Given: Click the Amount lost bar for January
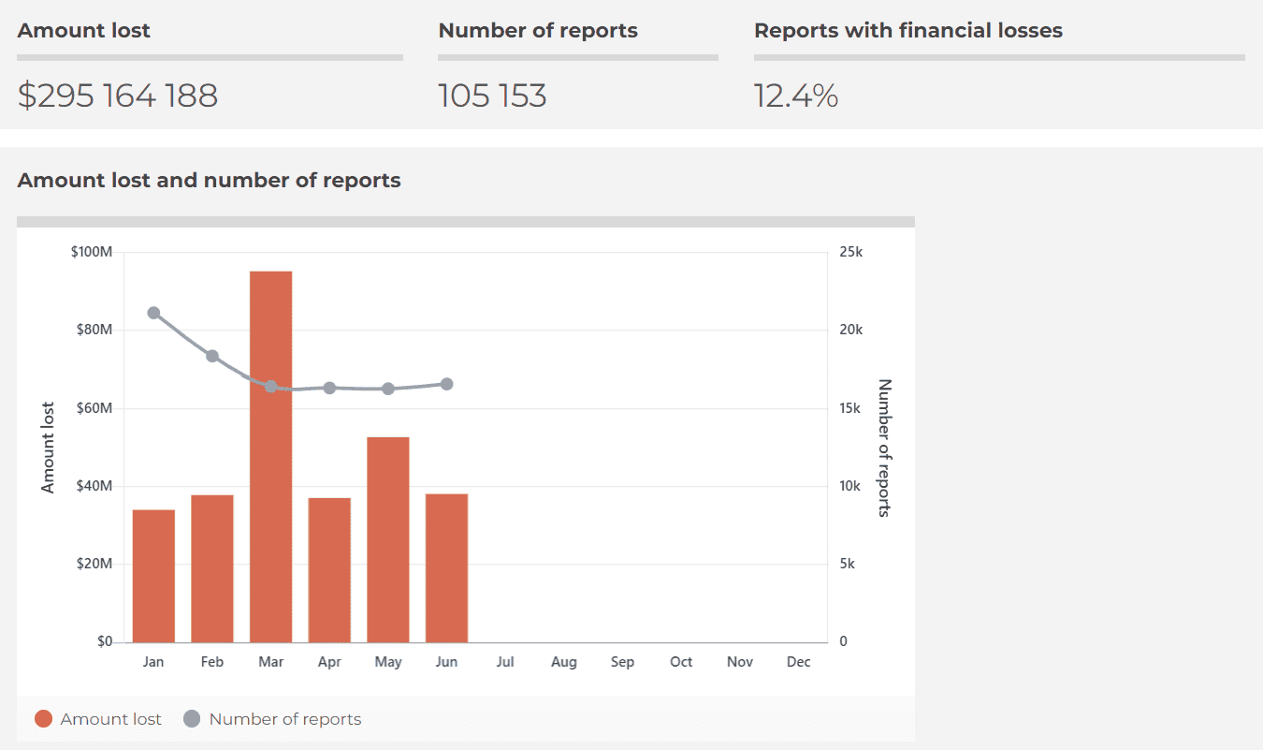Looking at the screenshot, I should pos(153,576).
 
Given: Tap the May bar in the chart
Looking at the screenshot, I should pos(388,539).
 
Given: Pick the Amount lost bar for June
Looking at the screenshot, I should pos(446,567).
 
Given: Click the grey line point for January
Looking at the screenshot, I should pos(153,313).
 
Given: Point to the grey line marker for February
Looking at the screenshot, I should pos(212,356).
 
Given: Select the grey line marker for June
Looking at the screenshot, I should pos(446,384).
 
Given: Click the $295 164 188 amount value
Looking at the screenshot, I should pos(118,96).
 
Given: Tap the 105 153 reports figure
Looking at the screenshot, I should pos(492,96).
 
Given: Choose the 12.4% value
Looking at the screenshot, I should pos(796,96).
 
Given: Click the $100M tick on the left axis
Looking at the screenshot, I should pos(92,252).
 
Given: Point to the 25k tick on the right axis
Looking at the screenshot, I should pos(851,252).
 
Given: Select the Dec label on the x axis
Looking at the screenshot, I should pos(798,662).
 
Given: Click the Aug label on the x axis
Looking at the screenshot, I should pos(564,662).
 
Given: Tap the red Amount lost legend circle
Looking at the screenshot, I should pos(43,719).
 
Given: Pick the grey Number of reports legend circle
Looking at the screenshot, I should pos(192,719).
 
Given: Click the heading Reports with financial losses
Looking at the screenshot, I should pos(907,30).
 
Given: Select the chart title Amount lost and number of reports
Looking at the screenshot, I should pos(209,180).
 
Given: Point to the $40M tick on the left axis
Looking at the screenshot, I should pos(92,486).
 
